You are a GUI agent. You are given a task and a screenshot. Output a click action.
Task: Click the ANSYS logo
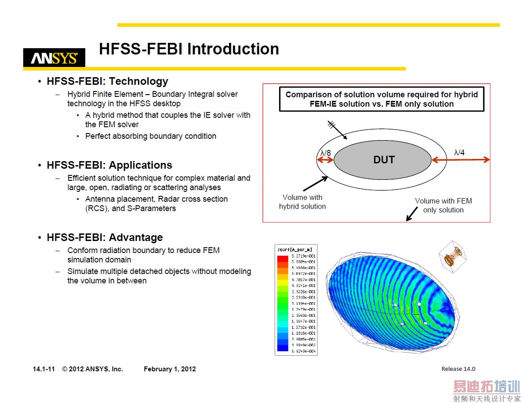[x=54, y=58]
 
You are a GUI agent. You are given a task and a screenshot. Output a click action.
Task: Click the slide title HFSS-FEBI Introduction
[x=189, y=49]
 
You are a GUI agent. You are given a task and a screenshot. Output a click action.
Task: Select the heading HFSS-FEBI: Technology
[x=107, y=81]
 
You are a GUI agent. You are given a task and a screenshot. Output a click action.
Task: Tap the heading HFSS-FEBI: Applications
[x=109, y=165]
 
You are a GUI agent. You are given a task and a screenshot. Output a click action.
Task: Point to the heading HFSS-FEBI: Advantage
[x=104, y=237]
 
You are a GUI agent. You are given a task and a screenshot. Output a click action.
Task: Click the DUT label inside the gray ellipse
[x=384, y=160]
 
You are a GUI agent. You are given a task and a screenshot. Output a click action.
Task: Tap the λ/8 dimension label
[x=326, y=153]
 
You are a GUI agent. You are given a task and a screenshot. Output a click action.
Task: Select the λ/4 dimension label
[x=459, y=153]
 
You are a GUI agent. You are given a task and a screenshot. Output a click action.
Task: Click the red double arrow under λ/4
[x=460, y=160]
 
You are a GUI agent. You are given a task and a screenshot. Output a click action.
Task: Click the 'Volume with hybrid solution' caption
[x=302, y=202]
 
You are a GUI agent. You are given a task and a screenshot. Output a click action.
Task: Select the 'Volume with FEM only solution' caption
[x=443, y=205]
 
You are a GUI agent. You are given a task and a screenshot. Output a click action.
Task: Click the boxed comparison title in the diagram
[x=381, y=99]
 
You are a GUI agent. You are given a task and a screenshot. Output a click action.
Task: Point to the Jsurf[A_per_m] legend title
[x=295, y=249]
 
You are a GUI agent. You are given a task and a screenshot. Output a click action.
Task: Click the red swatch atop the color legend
[x=283, y=259]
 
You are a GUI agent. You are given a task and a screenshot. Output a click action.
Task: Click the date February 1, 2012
[x=170, y=369]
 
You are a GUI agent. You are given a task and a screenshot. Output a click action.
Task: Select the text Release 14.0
[x=458, y=369]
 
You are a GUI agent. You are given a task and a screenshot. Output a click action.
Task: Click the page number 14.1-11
[x=44, y=369]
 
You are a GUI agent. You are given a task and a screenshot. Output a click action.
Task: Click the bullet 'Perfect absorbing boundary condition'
[x=150, y=136]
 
